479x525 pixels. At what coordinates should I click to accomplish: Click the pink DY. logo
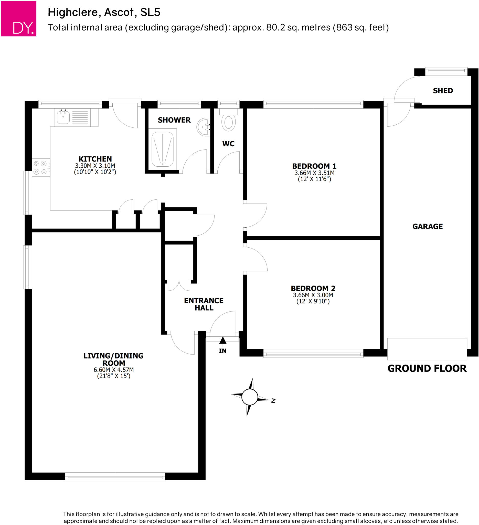click(x=19, y=19)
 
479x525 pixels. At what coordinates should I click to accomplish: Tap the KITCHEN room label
click(x=95, y=159)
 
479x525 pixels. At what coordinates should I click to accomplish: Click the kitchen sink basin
click(x=63, y=117)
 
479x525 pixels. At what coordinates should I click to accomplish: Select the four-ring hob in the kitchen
click(x=40, y=167)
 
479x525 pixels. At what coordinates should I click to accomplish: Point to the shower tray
click(x=163, y=149)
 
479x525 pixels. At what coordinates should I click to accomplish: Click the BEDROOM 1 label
click(x=314, y=166)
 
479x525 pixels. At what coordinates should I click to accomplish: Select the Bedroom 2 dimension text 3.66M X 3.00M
click(x=313, y=295)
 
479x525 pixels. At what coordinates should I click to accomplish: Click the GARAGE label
click(x=428, y=227)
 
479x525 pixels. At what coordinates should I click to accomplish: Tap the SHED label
click(x=443, y=91)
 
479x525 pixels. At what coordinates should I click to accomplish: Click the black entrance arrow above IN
click(x=222, y=340)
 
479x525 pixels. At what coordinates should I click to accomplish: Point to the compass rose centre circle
click(x=250, y=397)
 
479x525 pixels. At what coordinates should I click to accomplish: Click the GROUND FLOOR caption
click(x=427, y=368)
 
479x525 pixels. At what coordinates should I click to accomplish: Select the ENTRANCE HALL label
click(x=204, y=304)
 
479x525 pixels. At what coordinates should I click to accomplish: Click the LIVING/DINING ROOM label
click(x=113, y=359)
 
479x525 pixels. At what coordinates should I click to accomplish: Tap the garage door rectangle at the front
click(x=427, y=349)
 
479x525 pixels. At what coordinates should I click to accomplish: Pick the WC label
click(x=228, y=144)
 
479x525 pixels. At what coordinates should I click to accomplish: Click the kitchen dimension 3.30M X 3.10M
click(x=95, y=166)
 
